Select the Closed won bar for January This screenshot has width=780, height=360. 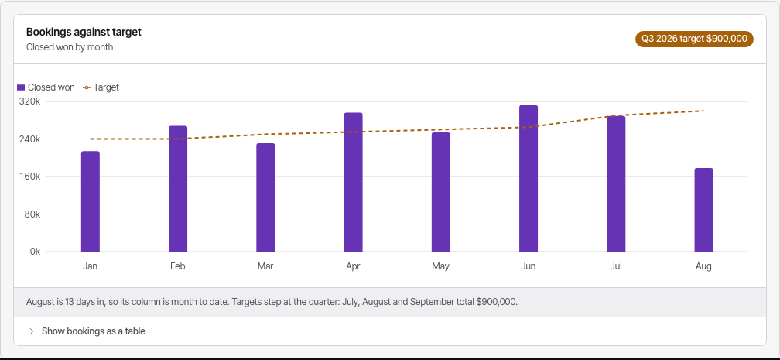(x=91, y=201)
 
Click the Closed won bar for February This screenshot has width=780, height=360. (x=178, y=189)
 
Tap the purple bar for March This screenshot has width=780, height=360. (x=265, y=197)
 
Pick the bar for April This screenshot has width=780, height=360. (x=353, y=182)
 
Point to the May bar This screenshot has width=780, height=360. (x=441, y=192)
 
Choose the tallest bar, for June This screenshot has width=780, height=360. (x=529, y=178)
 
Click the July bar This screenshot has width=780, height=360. (x=616, y=183)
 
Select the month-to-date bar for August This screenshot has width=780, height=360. (x=703, y=210)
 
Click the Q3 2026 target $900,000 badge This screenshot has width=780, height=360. (x=694, y=39)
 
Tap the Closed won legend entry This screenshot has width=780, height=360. (x=46, y=87)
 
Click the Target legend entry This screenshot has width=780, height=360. (x=101, y=87)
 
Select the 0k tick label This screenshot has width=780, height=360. (x=36, y=252)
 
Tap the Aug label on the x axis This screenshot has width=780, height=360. (x=703, y=266)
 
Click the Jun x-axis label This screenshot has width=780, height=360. (x=529, y=266)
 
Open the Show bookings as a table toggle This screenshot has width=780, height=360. (x=87, y=331)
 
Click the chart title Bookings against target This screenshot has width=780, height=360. (x=84, y=32)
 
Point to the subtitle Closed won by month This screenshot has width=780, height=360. (x=70, y=47)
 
